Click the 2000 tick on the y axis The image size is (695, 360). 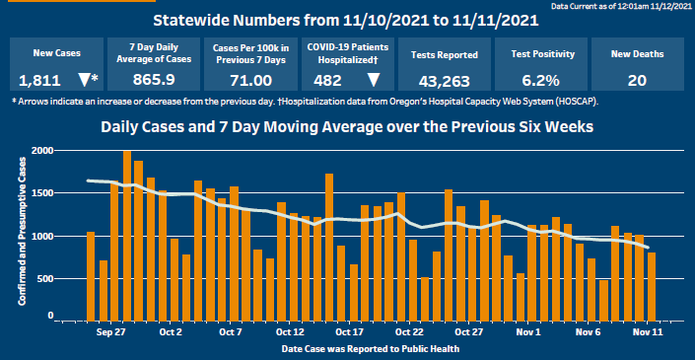(x=42, y=151)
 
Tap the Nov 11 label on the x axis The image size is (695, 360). (x=648, y=333)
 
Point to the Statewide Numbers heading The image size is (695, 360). (x=345, y=20)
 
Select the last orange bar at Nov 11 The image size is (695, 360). (x=652, y=287)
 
